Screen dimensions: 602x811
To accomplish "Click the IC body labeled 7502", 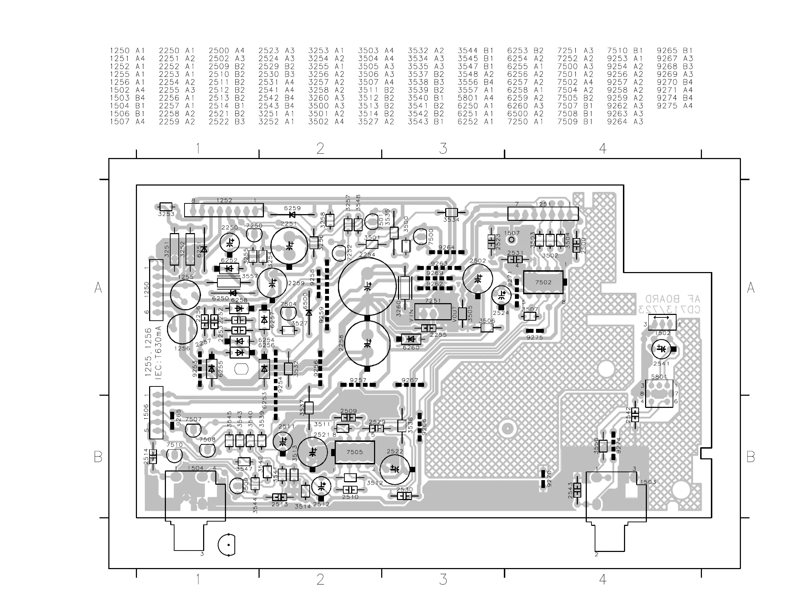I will click(x=543, y=282).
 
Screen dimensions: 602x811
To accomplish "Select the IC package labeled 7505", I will click(x=355, y=452).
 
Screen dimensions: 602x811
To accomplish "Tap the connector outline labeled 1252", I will click(x=224, y=210).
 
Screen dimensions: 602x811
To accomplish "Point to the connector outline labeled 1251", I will click(x=543, y=213).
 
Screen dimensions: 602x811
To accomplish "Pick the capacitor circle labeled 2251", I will click(x=289, y=245).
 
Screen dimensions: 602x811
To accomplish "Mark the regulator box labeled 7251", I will click(x=433, y=312).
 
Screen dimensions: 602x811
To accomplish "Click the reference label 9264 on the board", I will click(x=447, y=247).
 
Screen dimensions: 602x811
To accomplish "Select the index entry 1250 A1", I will click(x=127, y=51).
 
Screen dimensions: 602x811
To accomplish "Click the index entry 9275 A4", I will click(x=674, y=106).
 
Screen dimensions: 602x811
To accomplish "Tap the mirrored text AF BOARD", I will click(x=673, y=299).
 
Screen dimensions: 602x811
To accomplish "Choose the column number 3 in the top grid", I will click(x=443, y=148).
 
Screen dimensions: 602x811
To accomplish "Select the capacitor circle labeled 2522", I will click(x=395, y=469).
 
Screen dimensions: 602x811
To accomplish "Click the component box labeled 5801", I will click(x=659, y=394).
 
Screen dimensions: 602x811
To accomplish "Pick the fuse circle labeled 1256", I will click(x=182, y=329).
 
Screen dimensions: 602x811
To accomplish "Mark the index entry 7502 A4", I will click(x=575, y=82).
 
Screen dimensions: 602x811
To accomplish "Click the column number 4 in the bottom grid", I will click(x=603, y=579).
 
